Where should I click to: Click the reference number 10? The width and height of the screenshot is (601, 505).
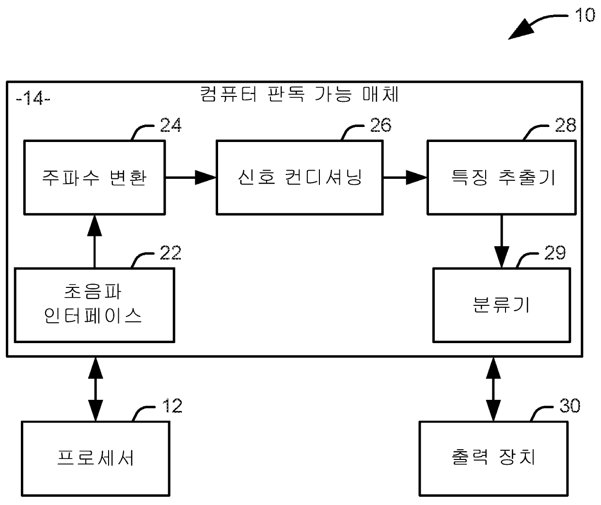point(585,15)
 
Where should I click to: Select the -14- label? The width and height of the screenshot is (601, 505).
point(33,98)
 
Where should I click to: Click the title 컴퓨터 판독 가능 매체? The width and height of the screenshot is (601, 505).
point(300,94)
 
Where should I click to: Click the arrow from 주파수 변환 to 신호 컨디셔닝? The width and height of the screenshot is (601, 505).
point(191,177)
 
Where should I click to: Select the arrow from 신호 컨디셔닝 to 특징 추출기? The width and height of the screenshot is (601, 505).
point(405,177)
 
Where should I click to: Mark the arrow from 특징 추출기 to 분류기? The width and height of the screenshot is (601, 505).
point(502,241)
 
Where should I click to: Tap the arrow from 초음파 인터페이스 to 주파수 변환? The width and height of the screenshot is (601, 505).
point(95,241)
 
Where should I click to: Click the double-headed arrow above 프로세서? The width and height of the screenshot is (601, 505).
point(95,389)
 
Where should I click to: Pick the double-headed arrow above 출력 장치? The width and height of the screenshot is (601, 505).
point(493,389)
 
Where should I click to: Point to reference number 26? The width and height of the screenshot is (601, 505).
point(380,125)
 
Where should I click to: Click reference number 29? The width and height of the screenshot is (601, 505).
point(555,253)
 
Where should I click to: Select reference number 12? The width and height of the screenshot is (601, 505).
point(172,406)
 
